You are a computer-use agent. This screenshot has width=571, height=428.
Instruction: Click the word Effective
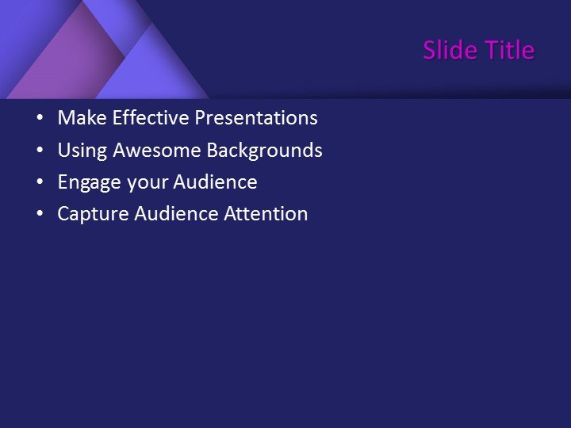[151, 118]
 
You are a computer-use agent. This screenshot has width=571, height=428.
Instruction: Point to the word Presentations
[256, 118]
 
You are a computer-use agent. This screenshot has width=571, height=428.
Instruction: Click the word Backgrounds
[264, 150]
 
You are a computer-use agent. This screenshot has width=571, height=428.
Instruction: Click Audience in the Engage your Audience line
[215, 182]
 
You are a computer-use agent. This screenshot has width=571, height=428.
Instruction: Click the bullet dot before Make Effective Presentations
[40, 119]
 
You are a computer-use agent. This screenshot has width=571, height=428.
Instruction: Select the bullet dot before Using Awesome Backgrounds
[40, 151]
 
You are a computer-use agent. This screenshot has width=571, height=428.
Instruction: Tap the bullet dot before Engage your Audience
[40, 182]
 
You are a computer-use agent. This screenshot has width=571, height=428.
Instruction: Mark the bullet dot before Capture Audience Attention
[40, 214]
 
